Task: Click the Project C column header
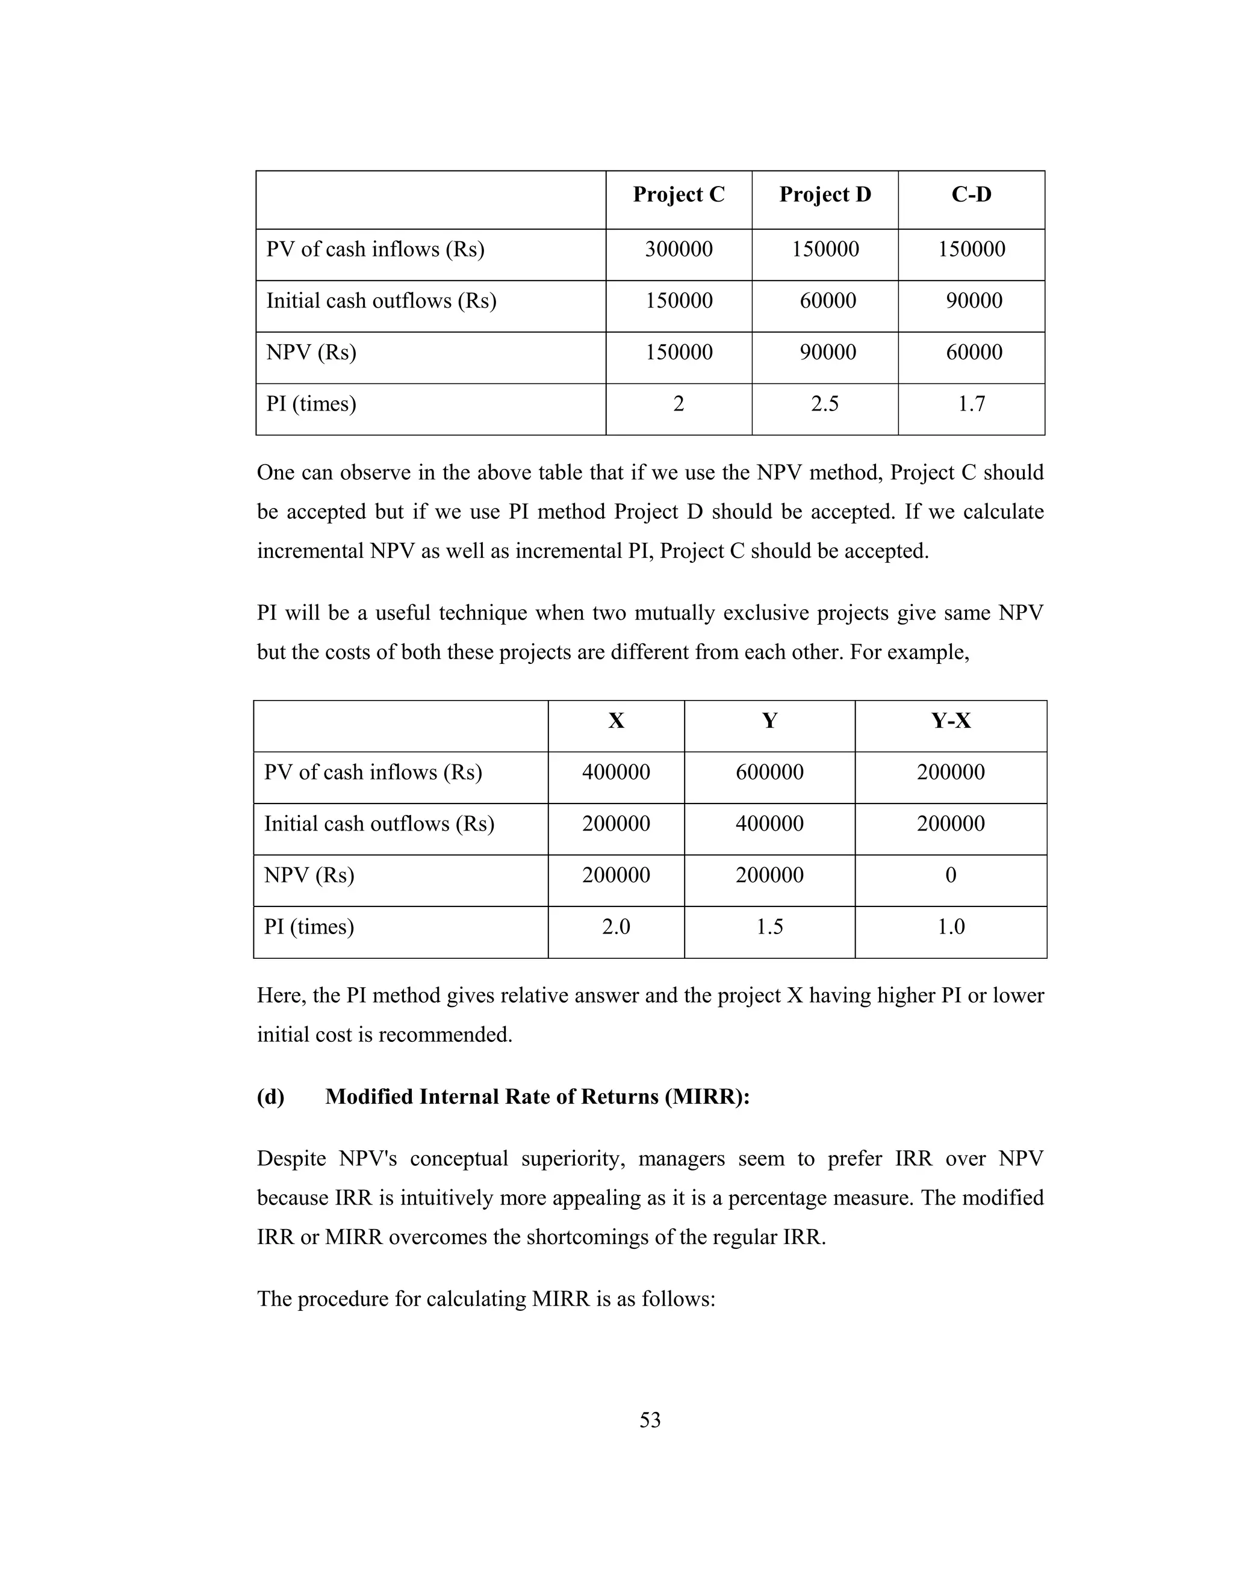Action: [x=679, y=195]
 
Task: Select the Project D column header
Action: [x=825, y=195]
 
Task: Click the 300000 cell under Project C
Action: [x=679, y=250]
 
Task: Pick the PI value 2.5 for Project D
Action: [x=825, y=404]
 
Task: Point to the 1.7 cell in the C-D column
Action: [x=972, y=404]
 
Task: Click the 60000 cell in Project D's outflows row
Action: [x=828, y=301]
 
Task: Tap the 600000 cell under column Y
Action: [x=769, y=773]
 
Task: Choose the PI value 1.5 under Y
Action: [x=769, y=928]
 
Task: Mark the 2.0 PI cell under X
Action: [x=616, y=928]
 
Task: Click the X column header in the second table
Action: [x=616, y=722]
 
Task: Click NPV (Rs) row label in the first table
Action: [x=311, y=353]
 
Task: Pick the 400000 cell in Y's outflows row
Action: [x=769, y=825]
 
